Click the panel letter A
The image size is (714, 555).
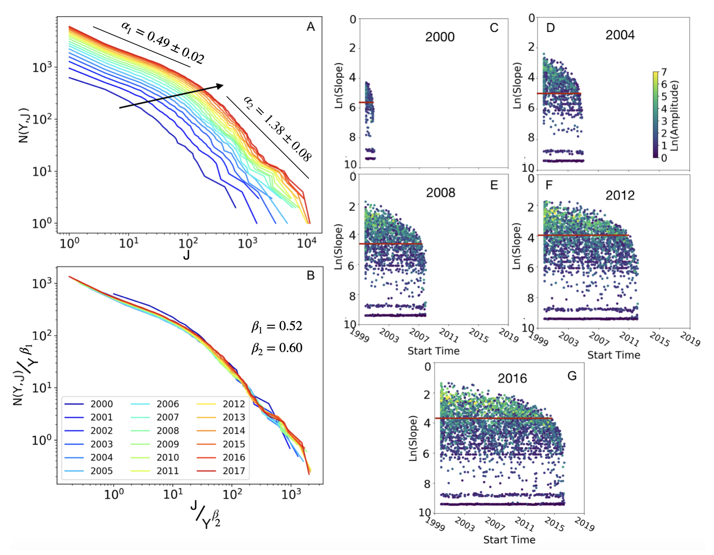[x=310, y=27]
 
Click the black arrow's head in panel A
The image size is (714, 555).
[x=219, y=86]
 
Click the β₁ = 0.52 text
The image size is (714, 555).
[x=277, y=327]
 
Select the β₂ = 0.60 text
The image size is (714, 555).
[x=277, y=348]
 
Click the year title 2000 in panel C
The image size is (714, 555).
[x=440, y=37]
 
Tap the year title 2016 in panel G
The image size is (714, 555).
[x=512, y=379]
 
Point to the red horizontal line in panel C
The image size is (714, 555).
[x=366, y=102]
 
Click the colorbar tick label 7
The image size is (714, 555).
[x=664, y=72]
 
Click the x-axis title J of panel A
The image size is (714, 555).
[x=186, y=255]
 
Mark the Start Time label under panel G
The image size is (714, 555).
[x=509, y=540]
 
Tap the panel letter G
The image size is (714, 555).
[x=572, y=376]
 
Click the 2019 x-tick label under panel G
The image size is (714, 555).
[x=584, y=524]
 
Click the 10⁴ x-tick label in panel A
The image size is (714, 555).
[x=307, y=243]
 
